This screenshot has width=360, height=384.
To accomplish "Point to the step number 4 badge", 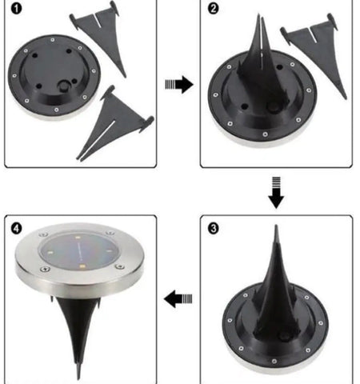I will click(18, 227).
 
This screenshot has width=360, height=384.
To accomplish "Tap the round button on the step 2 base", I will click(274, 104).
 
